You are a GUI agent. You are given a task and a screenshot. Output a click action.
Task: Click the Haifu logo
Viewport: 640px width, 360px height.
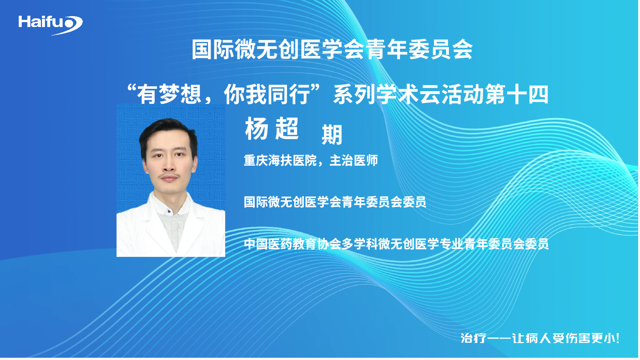tap(51, 25)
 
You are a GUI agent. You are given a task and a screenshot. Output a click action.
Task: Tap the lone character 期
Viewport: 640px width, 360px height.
tap(332, 135)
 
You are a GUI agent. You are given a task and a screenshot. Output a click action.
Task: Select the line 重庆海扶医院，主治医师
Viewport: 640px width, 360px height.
tap(311, 160)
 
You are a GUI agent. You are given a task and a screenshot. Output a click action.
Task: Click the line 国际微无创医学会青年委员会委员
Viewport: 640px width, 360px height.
tap(335, 202)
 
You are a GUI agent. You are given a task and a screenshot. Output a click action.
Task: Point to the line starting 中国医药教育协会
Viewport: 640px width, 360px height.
tap(396, 244)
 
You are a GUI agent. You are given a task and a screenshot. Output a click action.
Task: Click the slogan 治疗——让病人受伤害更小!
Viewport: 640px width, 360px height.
tap(540, 338)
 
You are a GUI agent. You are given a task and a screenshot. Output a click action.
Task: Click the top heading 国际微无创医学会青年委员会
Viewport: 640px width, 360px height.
tap(332, 49)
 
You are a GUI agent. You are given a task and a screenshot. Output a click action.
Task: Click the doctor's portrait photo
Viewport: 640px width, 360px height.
tap(170, 180)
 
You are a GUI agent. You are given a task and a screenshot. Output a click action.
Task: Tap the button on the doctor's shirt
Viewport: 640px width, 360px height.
tap(169, 211)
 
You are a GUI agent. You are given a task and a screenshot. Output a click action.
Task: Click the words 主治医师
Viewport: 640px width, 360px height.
tap(354, 160)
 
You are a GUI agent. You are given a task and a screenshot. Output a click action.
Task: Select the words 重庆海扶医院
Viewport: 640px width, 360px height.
tap(280, 160)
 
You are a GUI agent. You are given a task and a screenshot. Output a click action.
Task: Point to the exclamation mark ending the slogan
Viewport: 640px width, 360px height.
tap(617, 338)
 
